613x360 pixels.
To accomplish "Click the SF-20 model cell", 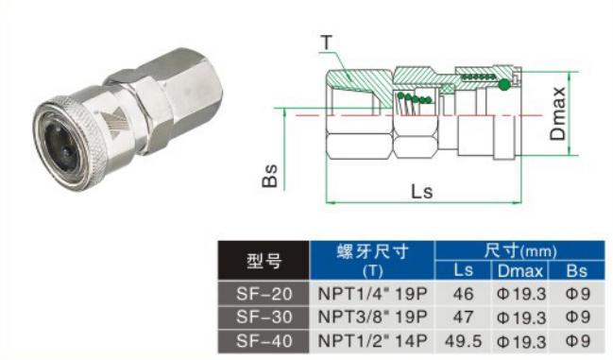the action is click(x=264, y=294).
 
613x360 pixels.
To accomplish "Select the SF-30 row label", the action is click(x=264, y=317).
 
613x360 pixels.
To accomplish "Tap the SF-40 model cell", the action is click(x=264, y=341).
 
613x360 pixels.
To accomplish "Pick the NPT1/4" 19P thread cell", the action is click(x=372, y=294).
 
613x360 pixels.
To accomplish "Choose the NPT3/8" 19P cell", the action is click(x=372, y=317).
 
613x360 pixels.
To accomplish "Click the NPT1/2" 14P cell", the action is click(x=372, y=341).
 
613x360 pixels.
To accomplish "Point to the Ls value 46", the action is click(x=463, y=294).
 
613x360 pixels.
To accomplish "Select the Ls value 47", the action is click(x=463, y=317).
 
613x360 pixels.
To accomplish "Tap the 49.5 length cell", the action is click(x=463, y=341).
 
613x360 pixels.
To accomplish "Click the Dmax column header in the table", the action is click(x=519, y=271).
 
